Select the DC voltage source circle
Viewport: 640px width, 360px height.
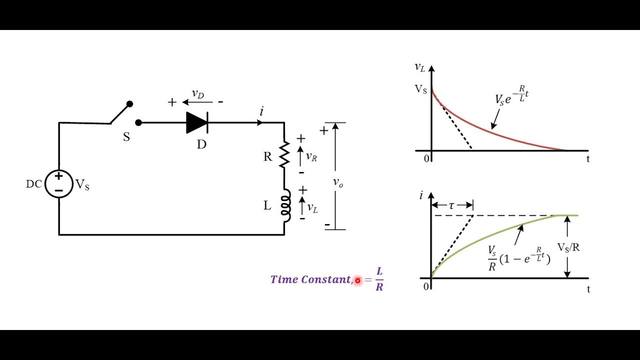coord(59,183)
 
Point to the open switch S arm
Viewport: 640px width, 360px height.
coord(120,113)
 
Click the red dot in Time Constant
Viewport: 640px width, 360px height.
coord(357,280)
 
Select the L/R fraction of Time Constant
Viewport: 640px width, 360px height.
coord(379,279)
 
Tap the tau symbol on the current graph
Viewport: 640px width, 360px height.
coord(451,205)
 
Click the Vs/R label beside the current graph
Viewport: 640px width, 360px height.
coord(568,247)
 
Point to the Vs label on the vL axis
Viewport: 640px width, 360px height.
coord(420,89)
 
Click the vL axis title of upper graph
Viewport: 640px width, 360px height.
coord(419,67)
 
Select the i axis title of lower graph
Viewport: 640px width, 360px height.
coord(421,195)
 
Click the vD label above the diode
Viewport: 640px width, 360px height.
coord(198,94)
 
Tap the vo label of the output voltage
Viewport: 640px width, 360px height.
coord(338,182)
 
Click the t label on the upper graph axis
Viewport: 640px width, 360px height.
coord(588,159)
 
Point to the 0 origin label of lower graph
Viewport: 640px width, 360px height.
coord(426,286)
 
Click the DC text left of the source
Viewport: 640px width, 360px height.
coord(33,184)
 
